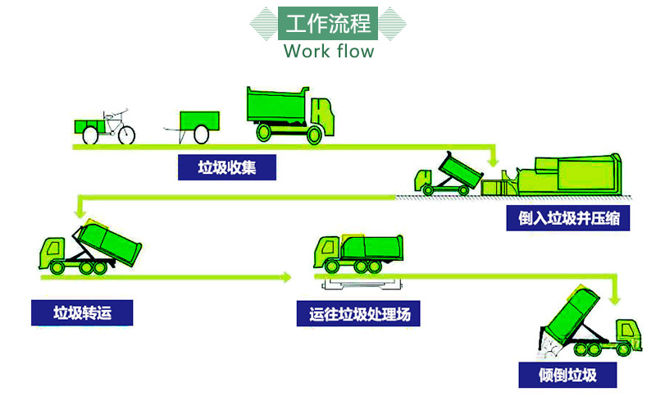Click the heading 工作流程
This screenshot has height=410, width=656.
328,24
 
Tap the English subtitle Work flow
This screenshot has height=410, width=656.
329,51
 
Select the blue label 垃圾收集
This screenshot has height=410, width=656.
227,167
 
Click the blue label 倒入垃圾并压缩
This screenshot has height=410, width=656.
567,218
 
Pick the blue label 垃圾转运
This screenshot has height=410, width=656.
82,312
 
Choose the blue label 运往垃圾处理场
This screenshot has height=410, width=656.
358,314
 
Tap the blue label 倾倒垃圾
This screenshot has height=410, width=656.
567,375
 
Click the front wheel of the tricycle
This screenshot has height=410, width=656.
126,134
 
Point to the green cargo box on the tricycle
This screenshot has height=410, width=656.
89,126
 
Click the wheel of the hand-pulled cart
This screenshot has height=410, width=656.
201,134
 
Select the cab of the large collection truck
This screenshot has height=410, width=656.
322,116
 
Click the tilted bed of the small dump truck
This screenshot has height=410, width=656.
460,170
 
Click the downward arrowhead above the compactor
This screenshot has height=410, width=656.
494,162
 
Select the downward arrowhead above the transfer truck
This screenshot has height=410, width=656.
80,212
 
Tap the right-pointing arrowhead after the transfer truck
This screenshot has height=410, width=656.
286,277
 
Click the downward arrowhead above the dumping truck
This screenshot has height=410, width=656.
614,299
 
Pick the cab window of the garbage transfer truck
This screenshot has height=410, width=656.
53,248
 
